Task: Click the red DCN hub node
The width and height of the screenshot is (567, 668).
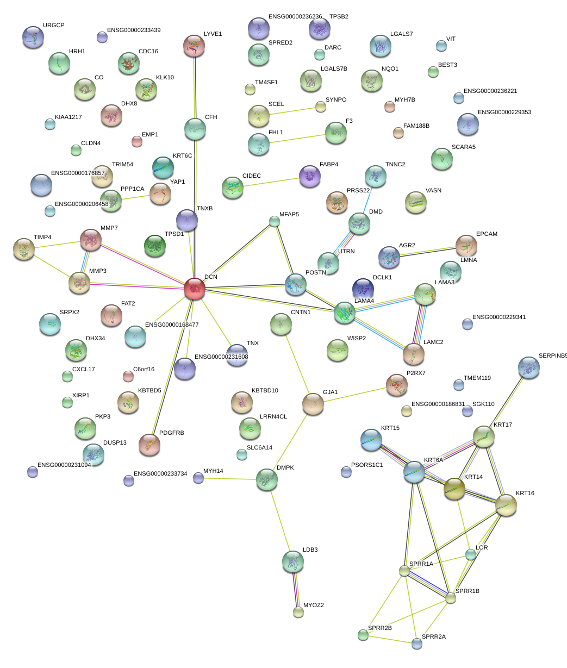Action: [x=195, y=289]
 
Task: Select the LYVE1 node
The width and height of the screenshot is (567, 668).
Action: [x=194, y=46]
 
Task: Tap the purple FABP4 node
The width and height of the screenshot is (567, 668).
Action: [x=310, y=176]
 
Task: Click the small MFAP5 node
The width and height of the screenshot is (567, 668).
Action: [x=275, y=221]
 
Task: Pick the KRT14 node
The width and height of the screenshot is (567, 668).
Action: [x=454, y=489]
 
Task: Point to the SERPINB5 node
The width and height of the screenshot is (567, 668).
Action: [x=529, y=368]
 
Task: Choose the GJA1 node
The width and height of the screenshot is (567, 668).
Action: [x=313, y=404]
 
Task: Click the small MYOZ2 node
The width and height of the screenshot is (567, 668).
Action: [x=298, y=612]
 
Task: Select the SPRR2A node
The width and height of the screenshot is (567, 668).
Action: [x=417, y=644]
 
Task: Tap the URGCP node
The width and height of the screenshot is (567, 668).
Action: [x=33, y=37]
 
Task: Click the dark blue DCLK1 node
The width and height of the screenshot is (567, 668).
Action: [x=363, y=289]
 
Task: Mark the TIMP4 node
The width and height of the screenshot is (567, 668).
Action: [x=24, y=249]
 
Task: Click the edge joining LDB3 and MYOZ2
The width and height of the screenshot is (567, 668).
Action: [x=296, y=587]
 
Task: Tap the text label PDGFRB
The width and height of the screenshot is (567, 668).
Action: [x=172, y=433]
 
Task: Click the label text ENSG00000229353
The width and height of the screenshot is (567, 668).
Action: [x=504, y=113]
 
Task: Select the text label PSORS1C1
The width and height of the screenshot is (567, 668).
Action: [x=367, y=465]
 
